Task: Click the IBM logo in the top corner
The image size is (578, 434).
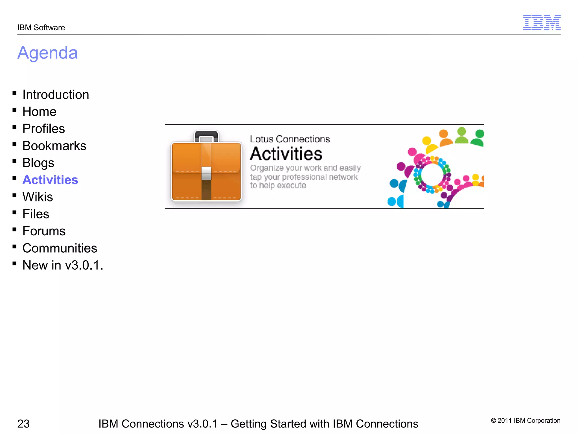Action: (542, 22)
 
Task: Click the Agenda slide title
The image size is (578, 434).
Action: (47, 53)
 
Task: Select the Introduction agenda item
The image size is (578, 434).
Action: (56, 95)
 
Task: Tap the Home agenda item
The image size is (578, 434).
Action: (39, 112)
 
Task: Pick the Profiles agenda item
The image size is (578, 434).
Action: (43, 129)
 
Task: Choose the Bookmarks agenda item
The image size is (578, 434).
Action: (54, 146)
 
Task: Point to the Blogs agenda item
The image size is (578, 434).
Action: (38, 163)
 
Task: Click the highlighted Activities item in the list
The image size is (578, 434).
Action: (50, 180)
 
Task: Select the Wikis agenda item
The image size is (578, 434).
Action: (38, 197)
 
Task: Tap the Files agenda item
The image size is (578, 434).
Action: (36, 214)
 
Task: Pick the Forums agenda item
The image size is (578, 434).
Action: (44, 231)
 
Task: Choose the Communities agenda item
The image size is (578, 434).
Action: (60, 248)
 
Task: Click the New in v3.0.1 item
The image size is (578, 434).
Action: (63, 265)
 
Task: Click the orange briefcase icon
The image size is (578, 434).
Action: (206, 170)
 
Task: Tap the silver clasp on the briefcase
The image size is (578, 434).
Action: (206, 173)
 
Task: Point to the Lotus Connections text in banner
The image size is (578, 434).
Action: (290, 139)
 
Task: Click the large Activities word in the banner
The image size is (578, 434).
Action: (286, 154)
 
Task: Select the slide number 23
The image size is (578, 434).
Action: (23, 424)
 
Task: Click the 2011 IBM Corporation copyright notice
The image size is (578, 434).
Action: (526, 420)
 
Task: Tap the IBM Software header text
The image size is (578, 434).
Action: (41, 28)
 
